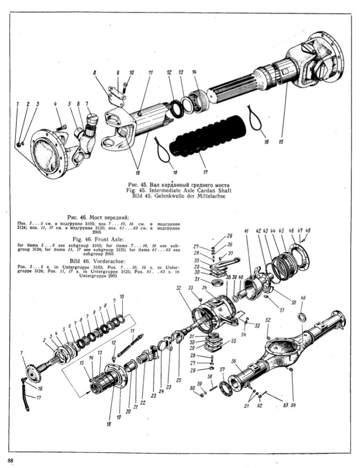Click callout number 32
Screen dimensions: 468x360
tap(178, 288)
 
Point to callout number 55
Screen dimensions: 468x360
tap(233, 341)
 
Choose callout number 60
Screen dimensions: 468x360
tap(192, 388)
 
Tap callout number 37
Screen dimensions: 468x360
tap(231, 254)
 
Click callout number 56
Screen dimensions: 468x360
tap(234, 361)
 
